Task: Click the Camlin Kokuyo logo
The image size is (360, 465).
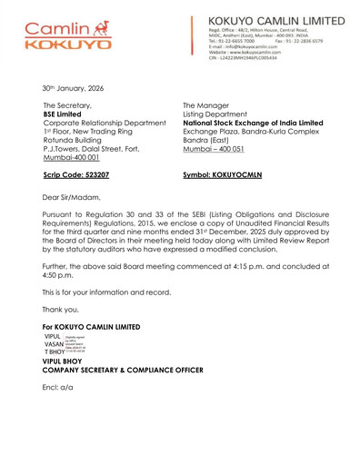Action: coord(67,34)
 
